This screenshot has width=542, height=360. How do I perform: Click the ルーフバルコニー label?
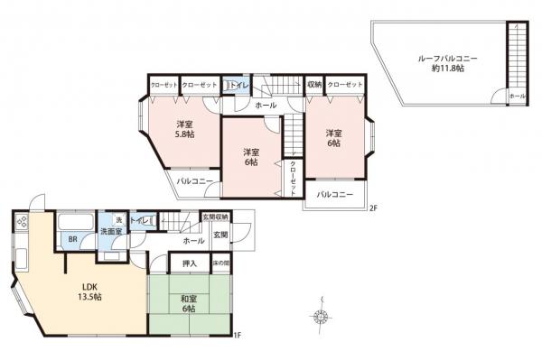[x=442, y=58]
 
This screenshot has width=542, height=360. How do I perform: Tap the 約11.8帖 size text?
[x=442, y=69]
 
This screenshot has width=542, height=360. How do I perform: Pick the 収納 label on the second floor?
[x=313, y=84]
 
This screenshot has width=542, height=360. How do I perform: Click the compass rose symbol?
[x=320, y=316]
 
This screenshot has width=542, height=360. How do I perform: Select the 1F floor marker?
[x=237, y=336]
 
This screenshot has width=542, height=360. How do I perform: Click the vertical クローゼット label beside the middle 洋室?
[x=294, y=179]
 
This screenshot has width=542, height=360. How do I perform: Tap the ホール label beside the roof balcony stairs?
[x=517, y=96]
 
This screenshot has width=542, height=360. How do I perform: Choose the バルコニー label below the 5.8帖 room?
[x=194, y=180]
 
